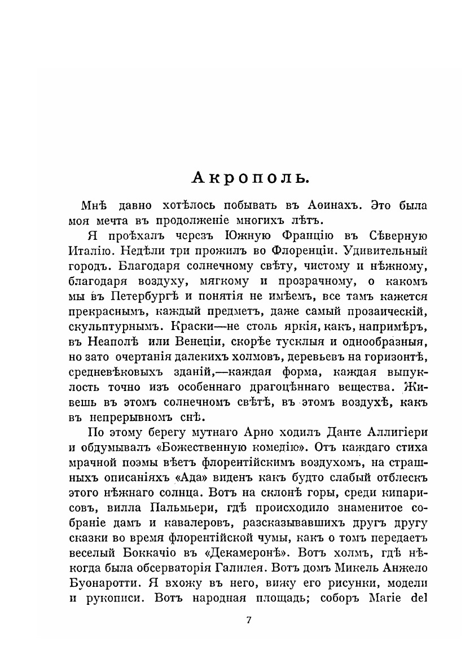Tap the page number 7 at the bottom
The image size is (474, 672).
pos(249,620)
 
